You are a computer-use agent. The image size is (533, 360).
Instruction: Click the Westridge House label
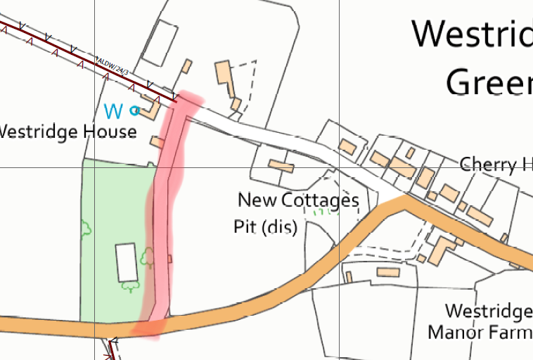[x=68, y=132]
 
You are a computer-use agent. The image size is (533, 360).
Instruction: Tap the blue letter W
[x=113, y=111]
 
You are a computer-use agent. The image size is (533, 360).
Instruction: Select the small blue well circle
[x=136, y=110]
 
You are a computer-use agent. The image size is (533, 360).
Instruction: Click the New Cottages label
[x=298, y=200]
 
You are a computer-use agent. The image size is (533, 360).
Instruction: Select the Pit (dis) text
[x=265, y=228]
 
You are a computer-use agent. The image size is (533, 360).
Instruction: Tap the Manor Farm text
[x=478, y=331]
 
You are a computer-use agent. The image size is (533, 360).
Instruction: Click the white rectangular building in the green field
[x=127, y=262]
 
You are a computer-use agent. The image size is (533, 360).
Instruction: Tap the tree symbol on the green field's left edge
[x=86, y=228]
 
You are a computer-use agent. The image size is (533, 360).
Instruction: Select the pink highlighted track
[x=166, y=211]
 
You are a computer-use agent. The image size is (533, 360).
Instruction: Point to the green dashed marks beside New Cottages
[x=325, y=210]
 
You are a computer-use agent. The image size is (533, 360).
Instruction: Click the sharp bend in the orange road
[x=404, y=201]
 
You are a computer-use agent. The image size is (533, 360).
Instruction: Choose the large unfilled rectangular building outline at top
[x=160, y=42]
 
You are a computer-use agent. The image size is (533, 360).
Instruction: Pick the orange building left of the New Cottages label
[x=281, y=166]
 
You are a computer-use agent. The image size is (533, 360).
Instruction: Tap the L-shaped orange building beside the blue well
[x=150, y=107]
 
